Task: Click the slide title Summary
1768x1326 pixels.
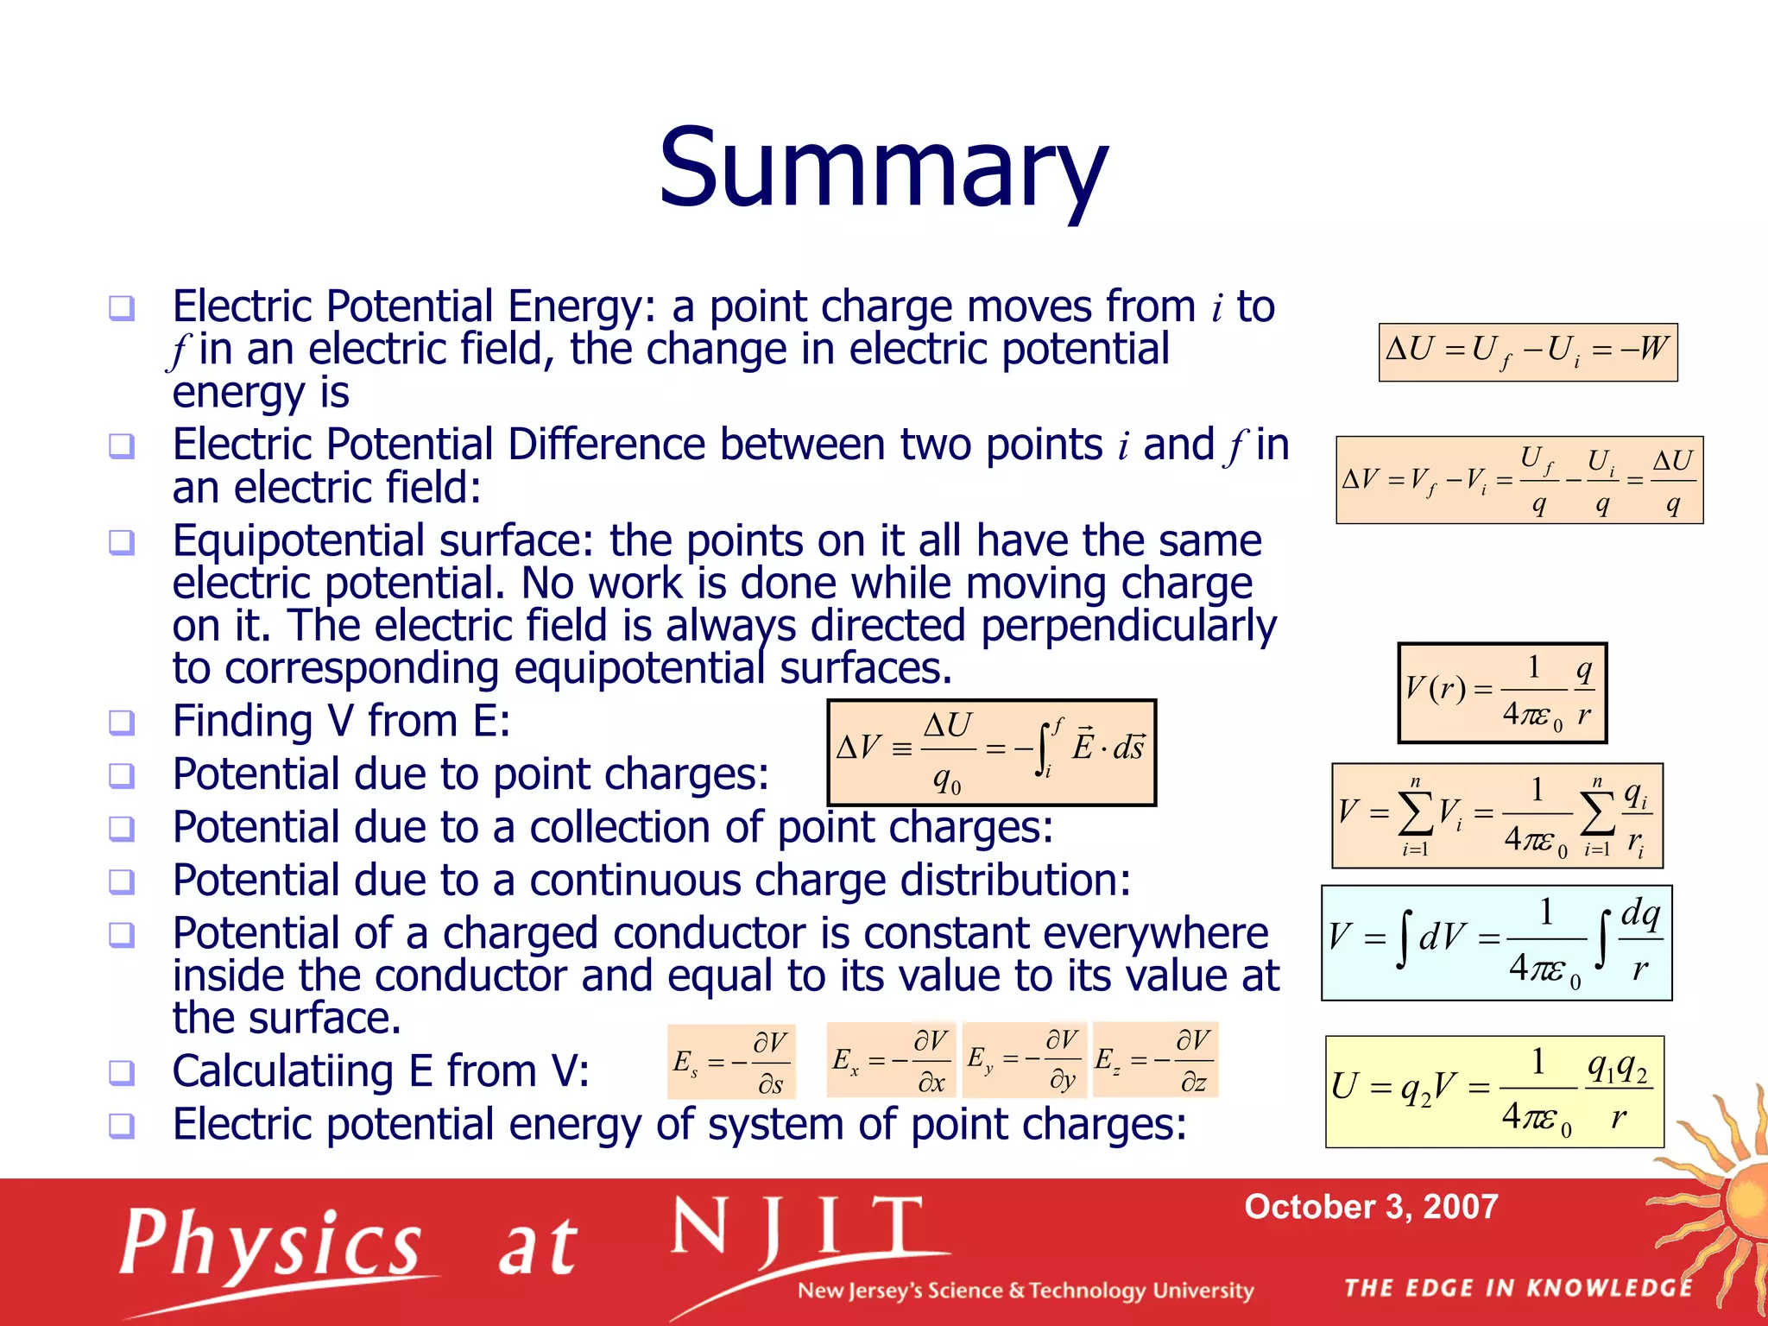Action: [882, 168]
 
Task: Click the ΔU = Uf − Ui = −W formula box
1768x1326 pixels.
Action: [1527, 351]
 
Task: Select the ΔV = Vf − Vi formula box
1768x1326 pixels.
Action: [1519, 480]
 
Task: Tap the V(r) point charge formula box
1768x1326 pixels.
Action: [1501, 692]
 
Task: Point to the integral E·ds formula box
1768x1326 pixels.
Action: [991, 752]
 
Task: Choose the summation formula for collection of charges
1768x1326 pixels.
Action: [1496, 816]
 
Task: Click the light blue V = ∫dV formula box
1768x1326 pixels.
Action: [1496, 943]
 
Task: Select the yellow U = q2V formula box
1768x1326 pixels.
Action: [1493, 1091]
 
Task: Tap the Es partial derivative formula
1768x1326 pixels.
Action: [730, 1062]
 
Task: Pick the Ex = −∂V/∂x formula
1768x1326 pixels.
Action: [890, 1060]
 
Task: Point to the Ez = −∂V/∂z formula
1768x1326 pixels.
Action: [1154, 1060]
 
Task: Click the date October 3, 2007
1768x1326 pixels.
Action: [1370, 1207]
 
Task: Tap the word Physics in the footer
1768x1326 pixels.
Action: [270, 1245]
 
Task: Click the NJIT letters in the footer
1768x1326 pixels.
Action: [797, 1228]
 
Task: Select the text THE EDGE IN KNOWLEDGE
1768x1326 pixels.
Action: [1519, 1288]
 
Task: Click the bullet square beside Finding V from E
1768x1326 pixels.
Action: [122, 722]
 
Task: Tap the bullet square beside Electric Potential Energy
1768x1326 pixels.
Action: [122, 307]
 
